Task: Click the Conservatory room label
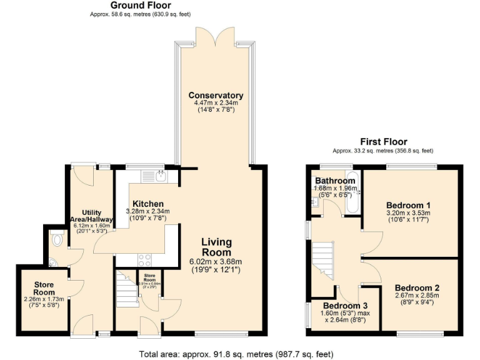tap(216, 96)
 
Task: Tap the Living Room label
tap(216, 247)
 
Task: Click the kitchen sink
tap(161, 176)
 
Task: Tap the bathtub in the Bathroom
tap(352, 191)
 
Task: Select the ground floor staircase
tap(127, 291)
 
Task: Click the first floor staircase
tap(324, 261)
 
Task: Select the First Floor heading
tap(383, 142)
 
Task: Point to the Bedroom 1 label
tap(408, 205)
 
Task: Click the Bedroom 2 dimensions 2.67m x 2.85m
tap(417, 296)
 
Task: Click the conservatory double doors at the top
tap(216, 36)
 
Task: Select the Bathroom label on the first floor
tap(335, 181)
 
